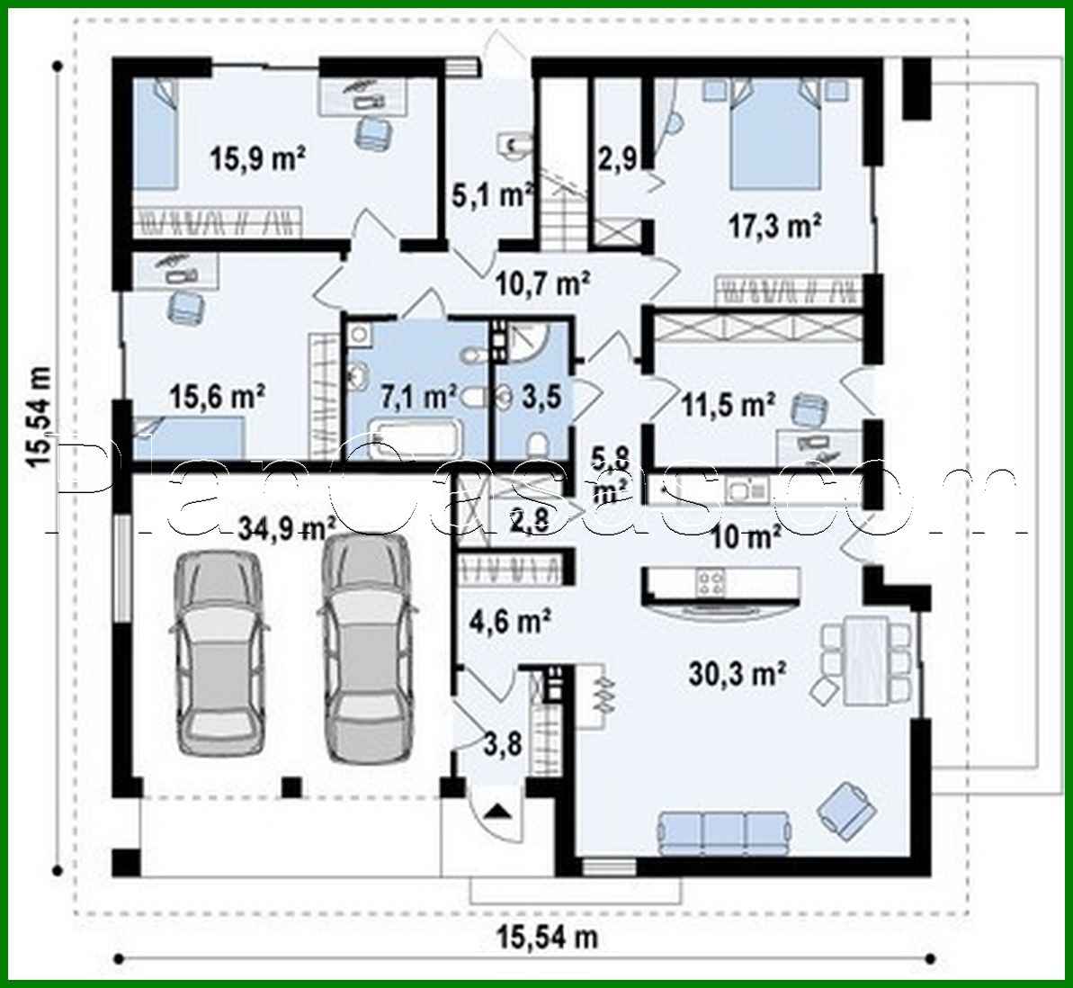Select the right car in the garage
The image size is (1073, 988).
coord(367,648)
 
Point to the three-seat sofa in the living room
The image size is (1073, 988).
coord(727,832)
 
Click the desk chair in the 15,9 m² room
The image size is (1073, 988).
coord(371,132)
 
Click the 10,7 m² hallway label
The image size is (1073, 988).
coord(542,284)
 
